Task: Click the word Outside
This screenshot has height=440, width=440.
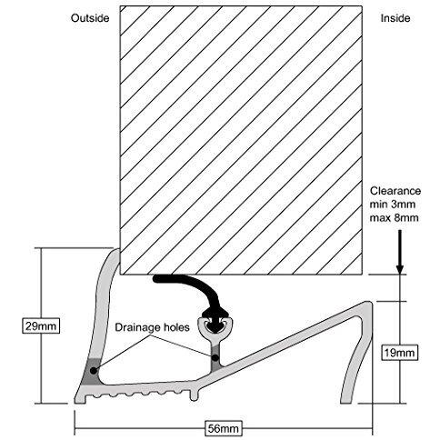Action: [x=90, y=18]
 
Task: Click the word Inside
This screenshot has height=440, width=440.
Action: [x=395, y=18]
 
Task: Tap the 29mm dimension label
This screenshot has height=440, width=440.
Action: [x=41, y=326]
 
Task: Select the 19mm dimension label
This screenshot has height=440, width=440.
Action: [x=399, y=353]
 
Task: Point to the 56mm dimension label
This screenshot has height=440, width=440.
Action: [x=224, y=428]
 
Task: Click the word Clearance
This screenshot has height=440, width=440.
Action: [x=395, y=191]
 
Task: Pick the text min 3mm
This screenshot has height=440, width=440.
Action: [x=393, y=205]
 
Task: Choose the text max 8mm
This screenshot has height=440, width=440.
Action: [x=394, y=217]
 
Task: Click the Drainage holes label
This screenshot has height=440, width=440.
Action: [x=152, y=327]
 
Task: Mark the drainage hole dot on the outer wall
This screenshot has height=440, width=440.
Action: [x=94, y=370]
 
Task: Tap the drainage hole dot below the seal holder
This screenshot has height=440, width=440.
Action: [x=215, y=357]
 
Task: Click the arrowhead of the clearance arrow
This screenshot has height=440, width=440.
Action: [x=400, y=269]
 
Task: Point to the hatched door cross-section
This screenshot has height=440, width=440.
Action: [x=241, y=140]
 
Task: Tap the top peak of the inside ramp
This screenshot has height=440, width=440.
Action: [x=368, y=303]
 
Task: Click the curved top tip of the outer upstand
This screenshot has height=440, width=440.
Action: [x=116, y=250]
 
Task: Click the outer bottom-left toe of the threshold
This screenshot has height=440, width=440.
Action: [x=75, y=402]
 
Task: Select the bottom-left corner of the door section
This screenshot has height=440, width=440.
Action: [x=120, y=275]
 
